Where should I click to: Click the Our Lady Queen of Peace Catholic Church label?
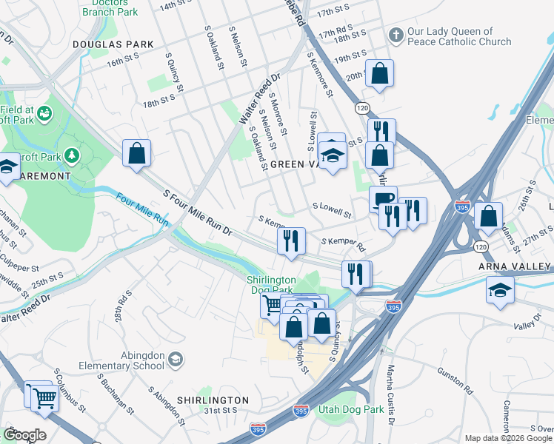[459, 36]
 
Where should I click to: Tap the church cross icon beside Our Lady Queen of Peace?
[396, 36]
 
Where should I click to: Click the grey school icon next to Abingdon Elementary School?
[176, 360]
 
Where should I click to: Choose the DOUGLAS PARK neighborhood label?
[113, 44]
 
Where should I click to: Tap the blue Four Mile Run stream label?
[142, 209]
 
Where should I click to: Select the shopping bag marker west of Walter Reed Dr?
[137, 154]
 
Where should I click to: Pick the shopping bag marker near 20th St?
[379, 73]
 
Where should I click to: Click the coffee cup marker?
[383, 198]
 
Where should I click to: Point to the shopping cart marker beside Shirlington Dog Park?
[273, 305]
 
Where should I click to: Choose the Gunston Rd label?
[458, 385]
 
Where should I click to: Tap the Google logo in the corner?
[24, 435]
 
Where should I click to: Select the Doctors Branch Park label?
[110, 7]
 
